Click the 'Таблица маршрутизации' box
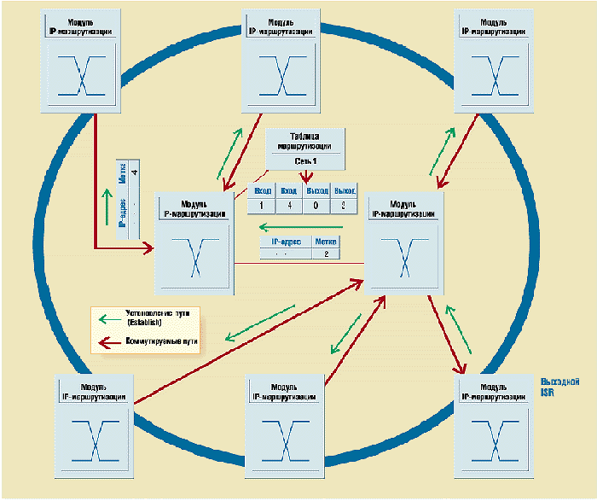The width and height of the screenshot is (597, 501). [305, 149]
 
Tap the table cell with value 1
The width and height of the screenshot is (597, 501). [261, 205]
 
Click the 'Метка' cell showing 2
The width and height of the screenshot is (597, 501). [326, 254]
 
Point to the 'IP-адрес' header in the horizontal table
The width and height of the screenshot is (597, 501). [286, 242]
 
